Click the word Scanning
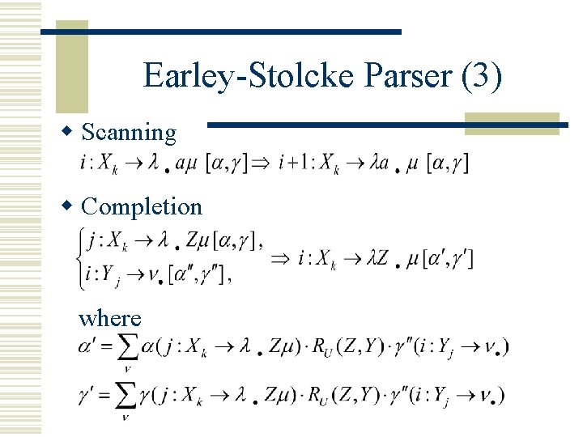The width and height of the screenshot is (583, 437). (129, 132)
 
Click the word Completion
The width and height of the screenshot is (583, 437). (142, 206)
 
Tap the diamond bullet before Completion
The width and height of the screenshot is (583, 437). (70, 206)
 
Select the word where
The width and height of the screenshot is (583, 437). (109, 318)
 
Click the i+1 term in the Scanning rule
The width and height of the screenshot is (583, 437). (291, 164)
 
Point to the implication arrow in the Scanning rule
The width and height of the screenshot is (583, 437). (265, 164)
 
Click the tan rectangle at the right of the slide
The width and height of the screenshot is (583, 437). (512, 122)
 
